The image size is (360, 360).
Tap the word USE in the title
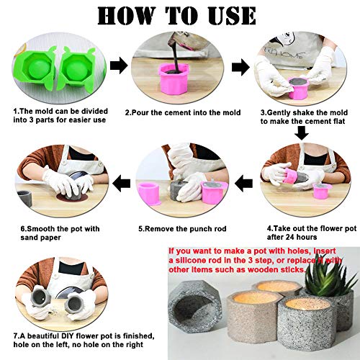tap(226, 15)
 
